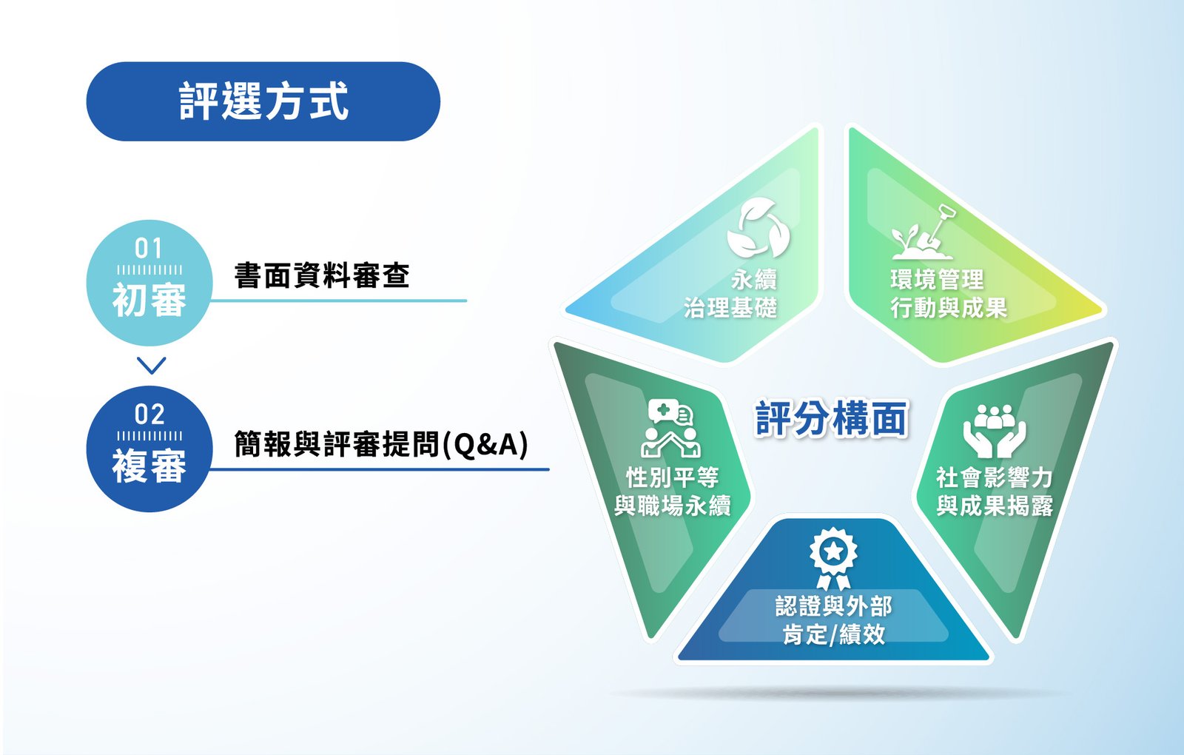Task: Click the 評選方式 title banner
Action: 263,101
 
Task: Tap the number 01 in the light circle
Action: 149,249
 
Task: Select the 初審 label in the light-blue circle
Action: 149,300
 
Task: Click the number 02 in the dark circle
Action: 149,415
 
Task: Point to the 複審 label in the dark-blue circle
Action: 149,466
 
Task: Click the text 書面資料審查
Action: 322,275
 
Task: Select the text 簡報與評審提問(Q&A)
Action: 381,444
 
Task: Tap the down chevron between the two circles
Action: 151,366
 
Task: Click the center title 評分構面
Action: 832,418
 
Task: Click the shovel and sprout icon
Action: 924,232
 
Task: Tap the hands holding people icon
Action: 995,431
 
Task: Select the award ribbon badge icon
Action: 833,558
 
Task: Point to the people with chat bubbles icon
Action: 670,429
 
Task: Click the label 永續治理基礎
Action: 730,293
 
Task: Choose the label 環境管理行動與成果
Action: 949,293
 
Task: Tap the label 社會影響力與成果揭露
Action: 995,491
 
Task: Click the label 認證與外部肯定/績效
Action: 833,620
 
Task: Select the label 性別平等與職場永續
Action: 673,491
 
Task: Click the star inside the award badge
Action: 833,551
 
